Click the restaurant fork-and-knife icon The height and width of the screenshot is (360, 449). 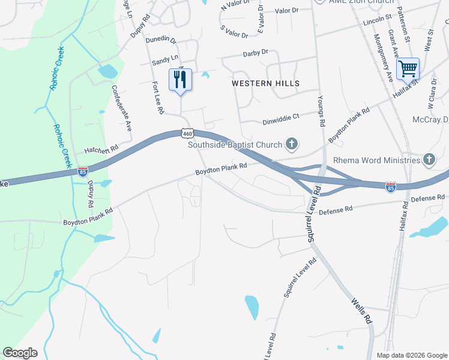tap(180, 79)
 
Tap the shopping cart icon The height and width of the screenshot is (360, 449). tap(408, 69)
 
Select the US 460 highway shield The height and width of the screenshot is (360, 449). tap(187, 133)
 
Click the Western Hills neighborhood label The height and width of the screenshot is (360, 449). tap(265, 83)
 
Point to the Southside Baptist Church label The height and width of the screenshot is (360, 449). tap(235, 145)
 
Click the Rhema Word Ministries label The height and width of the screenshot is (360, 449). tap(377, 160)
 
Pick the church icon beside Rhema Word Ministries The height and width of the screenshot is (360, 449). tap(429, 160)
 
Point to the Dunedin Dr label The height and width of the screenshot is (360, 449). tap(164, 41)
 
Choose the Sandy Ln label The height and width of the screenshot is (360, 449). tap(165, 60)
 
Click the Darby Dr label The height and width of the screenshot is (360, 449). tap(256, 53)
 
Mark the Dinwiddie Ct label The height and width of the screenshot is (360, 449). tap(280, 120)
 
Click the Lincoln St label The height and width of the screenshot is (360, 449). tap(377, 22)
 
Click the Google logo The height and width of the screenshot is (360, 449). tap(20, 353)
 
